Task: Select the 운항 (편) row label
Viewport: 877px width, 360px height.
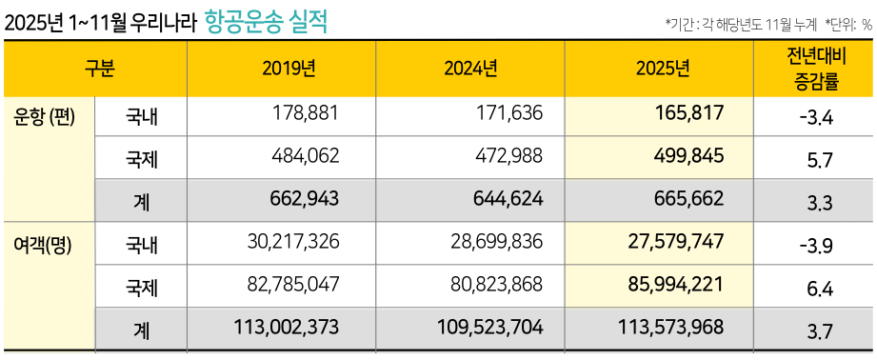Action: tap(45, 116)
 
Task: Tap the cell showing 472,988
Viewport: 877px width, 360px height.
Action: tap(508, 155)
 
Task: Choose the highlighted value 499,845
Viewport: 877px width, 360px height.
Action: tap(690, 155)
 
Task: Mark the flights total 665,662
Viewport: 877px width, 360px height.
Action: tap(690, 198)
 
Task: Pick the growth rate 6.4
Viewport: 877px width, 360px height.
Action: tap(820, 287)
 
